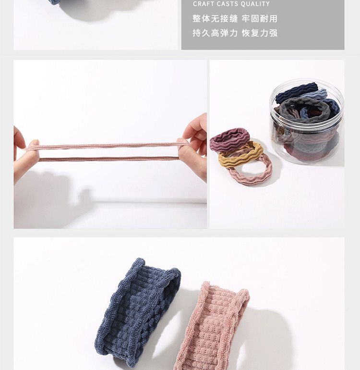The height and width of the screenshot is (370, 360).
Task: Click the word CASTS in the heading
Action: (227, 4)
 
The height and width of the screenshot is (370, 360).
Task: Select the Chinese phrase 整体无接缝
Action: (215, 19)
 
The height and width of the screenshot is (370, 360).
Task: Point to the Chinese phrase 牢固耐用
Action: (260, 19)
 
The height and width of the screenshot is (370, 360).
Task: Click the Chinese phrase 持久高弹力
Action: (215, 33)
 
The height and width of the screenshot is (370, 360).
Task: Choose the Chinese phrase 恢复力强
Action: (260, 33)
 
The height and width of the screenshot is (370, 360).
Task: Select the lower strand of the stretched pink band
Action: (108, 159)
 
